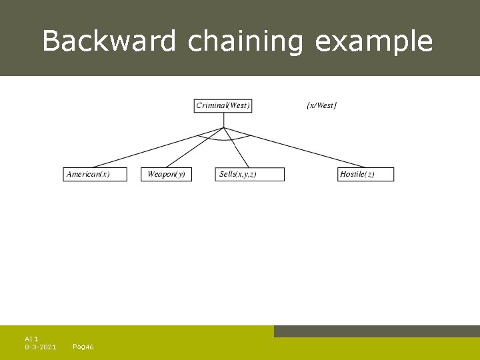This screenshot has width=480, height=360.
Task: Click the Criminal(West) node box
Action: pos(223,106)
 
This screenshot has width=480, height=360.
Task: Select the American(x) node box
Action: pos(95,175)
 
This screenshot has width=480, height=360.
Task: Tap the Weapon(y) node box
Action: pos(166,175)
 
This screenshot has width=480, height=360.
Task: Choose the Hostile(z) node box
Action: pos(366,175)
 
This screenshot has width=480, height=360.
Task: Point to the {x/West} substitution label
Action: pos(321,106)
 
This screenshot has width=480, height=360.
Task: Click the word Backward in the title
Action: pos(109,41)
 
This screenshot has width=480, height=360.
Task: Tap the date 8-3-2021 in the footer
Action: pos(40,347)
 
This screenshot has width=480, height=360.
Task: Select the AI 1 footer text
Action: pos(31,339)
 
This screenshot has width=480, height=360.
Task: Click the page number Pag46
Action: pos(83,347)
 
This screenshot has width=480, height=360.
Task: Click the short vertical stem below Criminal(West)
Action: pos(224,119)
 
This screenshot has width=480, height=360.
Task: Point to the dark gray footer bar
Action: pos(377,331)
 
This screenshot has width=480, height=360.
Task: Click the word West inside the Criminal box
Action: pos(238,106)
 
